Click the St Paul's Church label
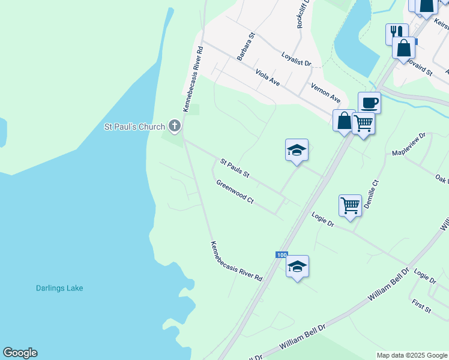tap(134, 127)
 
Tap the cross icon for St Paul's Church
tap(175, 126)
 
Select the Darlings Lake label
tap(59, 288)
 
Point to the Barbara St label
tap(246, 47)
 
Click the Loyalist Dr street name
tap(296, 59)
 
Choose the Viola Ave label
tap(268, 77)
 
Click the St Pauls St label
tap(234, 168)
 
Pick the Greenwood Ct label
tap(235, 192)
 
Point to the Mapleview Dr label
tap(408, 144)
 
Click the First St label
tap(422, 306)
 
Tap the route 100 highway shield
tap(282, 255)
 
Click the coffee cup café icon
tap(369, 102)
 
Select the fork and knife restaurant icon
tap(397, 32)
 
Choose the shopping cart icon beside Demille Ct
tap(350, 205)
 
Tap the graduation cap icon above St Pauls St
tap(297, 149)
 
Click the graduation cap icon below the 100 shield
tap(297, 266)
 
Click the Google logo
tap(20, 353)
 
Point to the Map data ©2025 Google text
tap(412, 355)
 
